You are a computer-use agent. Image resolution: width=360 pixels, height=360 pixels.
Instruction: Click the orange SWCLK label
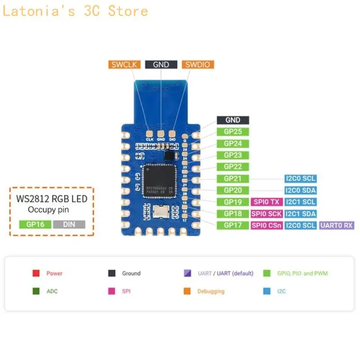tap(125, 64)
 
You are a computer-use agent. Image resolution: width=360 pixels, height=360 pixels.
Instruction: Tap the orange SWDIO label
tap(198, 64)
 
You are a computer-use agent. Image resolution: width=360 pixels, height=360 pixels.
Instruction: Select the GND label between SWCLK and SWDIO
tap(161, 64)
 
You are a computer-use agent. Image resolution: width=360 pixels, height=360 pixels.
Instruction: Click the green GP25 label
tap(233, 132)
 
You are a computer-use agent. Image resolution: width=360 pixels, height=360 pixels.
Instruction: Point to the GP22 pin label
tap(233, 167)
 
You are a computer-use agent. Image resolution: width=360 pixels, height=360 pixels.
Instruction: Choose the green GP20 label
tap(233, 190)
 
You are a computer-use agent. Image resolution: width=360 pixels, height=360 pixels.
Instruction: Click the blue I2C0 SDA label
tap(300, 190)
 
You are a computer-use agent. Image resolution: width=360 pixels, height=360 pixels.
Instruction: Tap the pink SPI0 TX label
tap(266, 202)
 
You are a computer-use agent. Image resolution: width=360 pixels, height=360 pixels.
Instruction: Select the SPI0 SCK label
tap(266, 214)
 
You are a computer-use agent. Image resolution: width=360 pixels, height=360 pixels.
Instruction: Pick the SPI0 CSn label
tap(266, 225)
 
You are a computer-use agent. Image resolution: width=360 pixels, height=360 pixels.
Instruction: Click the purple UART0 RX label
tap(337, 225)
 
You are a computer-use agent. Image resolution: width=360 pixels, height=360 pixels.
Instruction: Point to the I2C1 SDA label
tap(300, 214)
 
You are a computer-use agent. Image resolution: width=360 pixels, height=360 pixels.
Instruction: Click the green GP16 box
tap(35, 224)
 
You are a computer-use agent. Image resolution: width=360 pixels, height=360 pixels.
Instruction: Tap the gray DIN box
tap(69, 224)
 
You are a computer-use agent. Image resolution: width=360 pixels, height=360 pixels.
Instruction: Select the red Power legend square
tap(36, 273)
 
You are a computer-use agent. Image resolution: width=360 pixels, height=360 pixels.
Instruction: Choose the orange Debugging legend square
tap(187, 291)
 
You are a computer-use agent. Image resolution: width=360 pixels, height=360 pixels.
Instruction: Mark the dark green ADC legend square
tap(36, 291)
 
